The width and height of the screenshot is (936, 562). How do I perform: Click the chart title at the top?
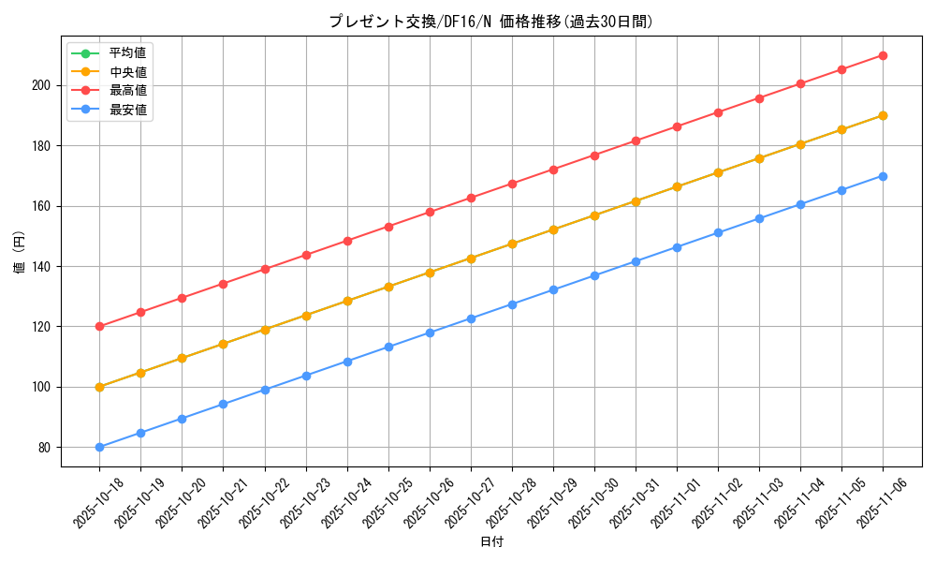coord(490,22)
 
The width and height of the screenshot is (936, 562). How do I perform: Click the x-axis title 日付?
coord(491,542)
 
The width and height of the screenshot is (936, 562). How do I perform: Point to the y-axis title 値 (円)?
coord(20,253)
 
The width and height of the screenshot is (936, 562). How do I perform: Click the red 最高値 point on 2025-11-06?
coord(883,55)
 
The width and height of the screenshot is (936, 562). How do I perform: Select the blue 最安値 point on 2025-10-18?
coord(99,447)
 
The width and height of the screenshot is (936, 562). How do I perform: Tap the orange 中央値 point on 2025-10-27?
coord(471,259)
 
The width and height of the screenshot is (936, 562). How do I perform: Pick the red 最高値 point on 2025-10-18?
coord(99,327)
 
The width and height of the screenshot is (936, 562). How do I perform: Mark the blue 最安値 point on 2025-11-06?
coord(883,176)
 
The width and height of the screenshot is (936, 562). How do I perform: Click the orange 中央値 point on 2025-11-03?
coord(759,158)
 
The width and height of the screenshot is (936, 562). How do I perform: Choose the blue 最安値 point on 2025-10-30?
coord(594,275)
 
